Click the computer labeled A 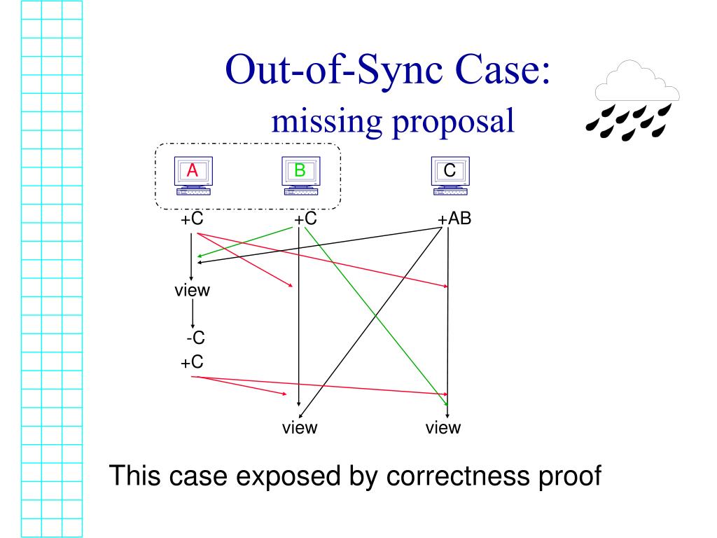point(193,176)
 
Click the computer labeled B point(300,176)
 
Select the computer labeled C point(450,176)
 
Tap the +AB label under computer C point(455,219)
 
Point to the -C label point(195,338)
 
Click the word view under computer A point(193,291)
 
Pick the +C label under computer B point(306,219)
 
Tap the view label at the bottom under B point(300,427)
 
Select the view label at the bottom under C point(443,427)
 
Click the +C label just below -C point(193,363)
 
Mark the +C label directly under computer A point(192,219)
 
